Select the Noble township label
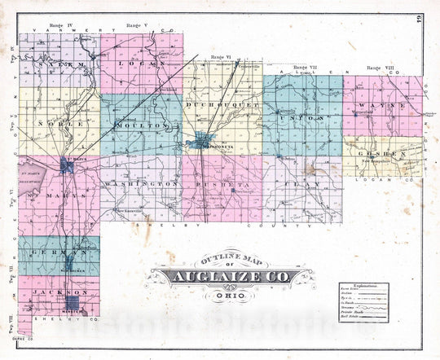tap(50, 123)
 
